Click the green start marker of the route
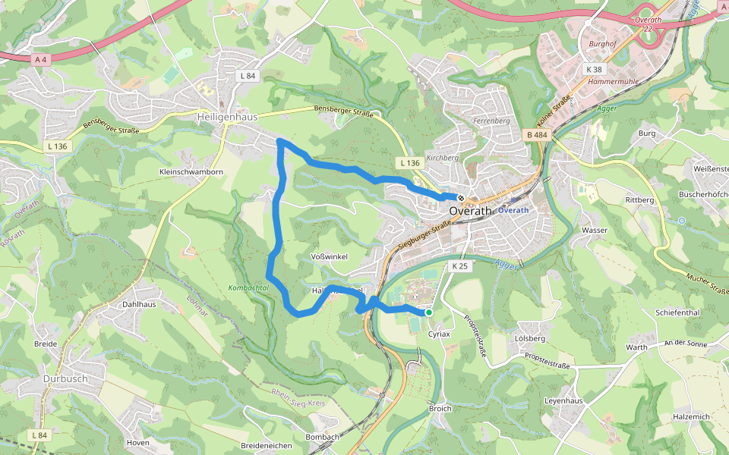coord(429,312)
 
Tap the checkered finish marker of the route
coord(461,198)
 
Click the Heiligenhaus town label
coord(227,118)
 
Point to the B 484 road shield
coord(536,135)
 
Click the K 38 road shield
coord(594,69)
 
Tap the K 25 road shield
coord(460,266)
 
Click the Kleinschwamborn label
coord(191,172)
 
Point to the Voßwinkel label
coord(330,257)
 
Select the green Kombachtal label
coord(248,288)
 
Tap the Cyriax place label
coord(439,334)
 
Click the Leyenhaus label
coord(563,400)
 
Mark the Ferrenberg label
coord(491,121)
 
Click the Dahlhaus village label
coord(139,304)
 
